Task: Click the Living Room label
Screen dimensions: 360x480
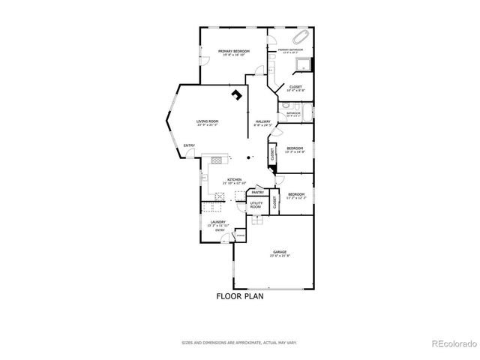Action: (x=208, y=122)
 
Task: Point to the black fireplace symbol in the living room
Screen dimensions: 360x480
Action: (x=238, y=94)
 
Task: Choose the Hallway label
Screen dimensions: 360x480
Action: (x=262, y=123)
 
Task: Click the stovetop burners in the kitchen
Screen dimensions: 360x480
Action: (x=218, y=159)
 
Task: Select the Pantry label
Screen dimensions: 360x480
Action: (x=257, y=192)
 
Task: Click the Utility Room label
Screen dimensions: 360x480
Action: (x=256, y=205)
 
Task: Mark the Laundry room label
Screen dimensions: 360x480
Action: (x=218, y=223)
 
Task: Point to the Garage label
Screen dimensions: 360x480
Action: (x=280, y=253)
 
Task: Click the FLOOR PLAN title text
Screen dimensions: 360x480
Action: (x=240, y=296)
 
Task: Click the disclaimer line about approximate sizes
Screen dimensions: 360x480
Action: (x=240, y=342)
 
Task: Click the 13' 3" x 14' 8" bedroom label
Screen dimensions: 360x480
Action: (x=295, y=149)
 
